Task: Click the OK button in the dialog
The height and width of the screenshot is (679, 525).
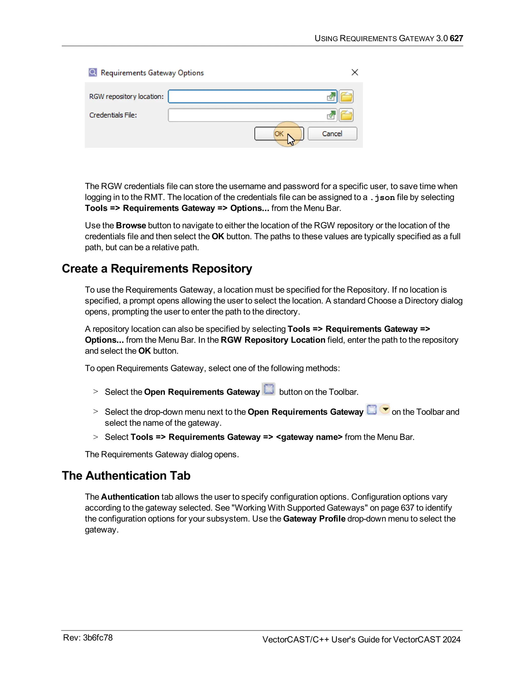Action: [x=279, y=134]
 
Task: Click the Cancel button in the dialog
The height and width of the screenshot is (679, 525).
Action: [x=332, y=134]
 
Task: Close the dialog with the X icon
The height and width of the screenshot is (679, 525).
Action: [x=355, y=73]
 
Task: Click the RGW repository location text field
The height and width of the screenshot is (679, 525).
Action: [x=246, y=97]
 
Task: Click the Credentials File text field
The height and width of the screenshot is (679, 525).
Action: [x=246, y=115]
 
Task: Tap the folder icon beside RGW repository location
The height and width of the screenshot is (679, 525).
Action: [x=346, y=97]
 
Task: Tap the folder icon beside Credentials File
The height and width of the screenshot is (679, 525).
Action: [x=346, y=115]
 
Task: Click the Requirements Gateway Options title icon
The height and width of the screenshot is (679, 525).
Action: [x=93, y=73]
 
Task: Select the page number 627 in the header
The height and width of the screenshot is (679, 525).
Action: [x=456, y=38]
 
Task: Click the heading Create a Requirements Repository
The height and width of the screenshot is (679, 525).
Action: [x=157, y=269]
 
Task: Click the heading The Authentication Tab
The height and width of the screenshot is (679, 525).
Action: [x=126, y=476]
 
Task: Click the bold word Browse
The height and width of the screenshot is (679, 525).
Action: [x=131, y=225]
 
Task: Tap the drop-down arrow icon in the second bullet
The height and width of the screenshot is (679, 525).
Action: [x=385, y=409]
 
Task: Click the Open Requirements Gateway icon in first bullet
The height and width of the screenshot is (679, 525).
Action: [x=269, y=389]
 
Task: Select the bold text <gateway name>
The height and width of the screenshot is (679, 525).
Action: [x=309, y=437]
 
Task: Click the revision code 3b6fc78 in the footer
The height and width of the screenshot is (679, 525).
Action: [x=98, y=638]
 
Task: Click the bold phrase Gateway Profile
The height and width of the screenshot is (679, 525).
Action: [x=314, y=519]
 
